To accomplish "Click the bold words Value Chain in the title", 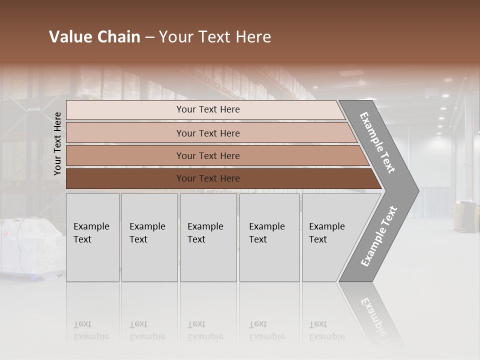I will pos(94,37).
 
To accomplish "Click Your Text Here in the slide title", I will pos(215,37).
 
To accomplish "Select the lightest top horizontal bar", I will pos(207,109).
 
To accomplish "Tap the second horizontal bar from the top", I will pos(207,133).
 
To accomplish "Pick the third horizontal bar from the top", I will pos(207,155).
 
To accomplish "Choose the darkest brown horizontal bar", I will pos(207,178).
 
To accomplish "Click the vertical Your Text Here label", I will pos(57,143).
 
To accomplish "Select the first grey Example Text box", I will pos(92,237).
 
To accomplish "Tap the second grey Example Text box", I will pos(149,237).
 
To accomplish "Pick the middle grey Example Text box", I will pos(208,237).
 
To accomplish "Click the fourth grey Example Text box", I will pos(269,237).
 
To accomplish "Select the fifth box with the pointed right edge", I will pos(330,237).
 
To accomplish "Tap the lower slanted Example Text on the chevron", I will pos(379,236).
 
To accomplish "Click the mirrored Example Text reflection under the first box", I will pos(91,331).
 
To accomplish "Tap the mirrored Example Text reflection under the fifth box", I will pos(326,331).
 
